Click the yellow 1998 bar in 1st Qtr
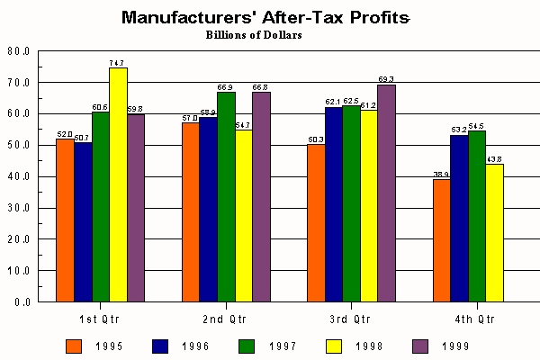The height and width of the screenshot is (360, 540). tap(118, 184)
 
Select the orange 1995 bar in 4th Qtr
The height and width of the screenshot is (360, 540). tap(441, 240)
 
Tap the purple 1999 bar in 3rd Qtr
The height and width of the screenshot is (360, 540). tap(386, 193)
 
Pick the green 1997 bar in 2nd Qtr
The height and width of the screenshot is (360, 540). tap(225, 196)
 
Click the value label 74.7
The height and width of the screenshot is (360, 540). tap(117, 63)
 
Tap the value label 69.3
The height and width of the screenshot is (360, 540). tap(386, 80)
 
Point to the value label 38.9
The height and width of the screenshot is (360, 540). tap(441, 175)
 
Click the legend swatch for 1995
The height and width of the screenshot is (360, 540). tap(75, 344)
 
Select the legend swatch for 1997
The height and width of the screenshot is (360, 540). tap(247, 344)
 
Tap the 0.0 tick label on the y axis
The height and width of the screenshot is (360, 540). tap(22, 302)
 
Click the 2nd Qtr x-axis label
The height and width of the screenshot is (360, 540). tap(225, 319)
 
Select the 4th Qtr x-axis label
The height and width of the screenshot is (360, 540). tap(475, 319)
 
